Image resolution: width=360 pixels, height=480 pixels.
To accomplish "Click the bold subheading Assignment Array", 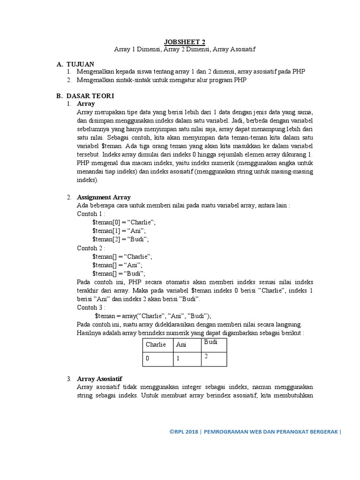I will [x=104, y=197].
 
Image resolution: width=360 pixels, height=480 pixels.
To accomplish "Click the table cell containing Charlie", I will [x=156, y=345].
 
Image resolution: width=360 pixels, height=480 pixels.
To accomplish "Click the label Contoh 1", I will [x=91, y=214].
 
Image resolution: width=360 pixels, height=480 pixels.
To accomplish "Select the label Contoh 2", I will [x=91, y=248].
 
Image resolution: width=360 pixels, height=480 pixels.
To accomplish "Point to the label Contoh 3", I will [x=91, y=307].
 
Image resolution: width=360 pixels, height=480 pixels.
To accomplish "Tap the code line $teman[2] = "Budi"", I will [x=120, y=239].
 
